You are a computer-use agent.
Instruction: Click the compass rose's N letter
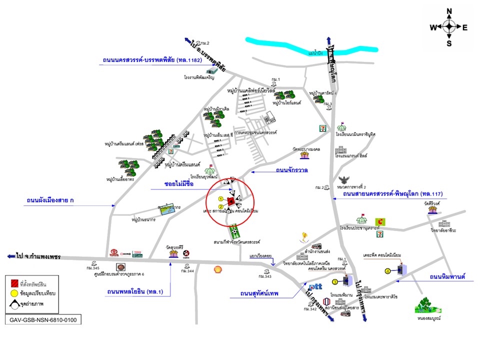pos(449,11)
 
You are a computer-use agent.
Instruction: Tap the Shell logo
pos(217,269)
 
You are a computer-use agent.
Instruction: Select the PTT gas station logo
pos(315,287)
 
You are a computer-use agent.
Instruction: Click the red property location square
pos(231,201)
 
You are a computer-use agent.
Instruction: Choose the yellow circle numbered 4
pos(387,271)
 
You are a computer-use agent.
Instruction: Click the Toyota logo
pos(113,253)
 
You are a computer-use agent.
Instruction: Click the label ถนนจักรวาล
pos(291,170)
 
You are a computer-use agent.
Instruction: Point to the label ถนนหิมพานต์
pos(447,276)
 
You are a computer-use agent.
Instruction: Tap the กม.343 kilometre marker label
pos(264,276)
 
